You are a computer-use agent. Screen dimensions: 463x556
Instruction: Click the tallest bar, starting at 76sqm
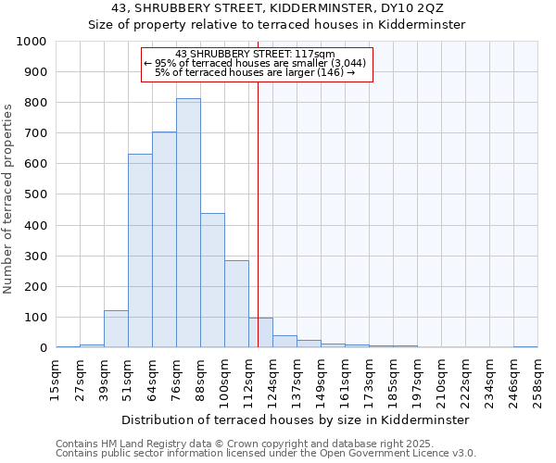point(188,222)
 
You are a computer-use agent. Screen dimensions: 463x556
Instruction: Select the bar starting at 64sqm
point(164,239)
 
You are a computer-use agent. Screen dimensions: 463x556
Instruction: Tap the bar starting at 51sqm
point(140,250)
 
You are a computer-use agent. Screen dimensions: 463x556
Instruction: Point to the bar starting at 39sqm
point(116,329)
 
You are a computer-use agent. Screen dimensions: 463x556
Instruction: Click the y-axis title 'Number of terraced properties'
point(8,198)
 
